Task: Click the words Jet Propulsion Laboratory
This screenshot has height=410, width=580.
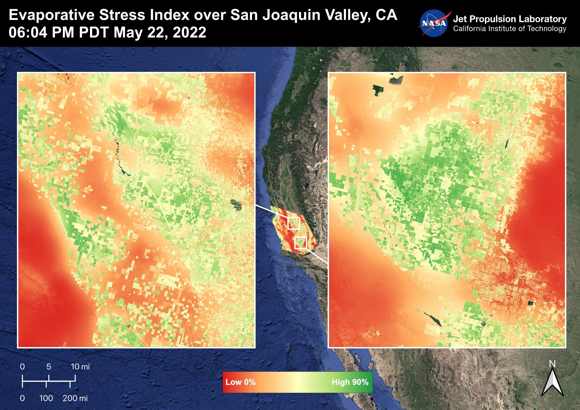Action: [510, 19]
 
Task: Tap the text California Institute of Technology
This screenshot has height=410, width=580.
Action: [510, 29]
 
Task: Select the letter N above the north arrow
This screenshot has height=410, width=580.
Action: [552, 364]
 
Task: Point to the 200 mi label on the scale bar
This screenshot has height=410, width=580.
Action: [75, 398]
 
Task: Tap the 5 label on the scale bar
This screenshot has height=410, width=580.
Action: [49, 367]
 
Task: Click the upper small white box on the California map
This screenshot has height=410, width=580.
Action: [294, 223]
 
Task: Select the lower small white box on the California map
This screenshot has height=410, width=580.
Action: [301, 243]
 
